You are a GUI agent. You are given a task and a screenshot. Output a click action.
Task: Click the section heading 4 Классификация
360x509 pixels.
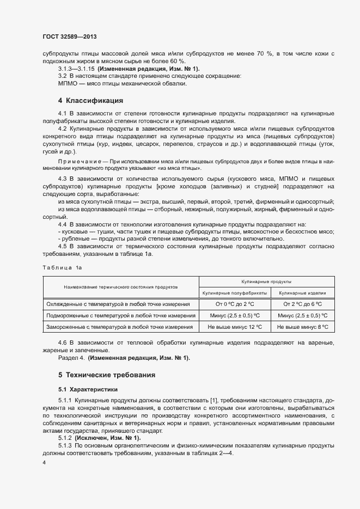tap(90, 100)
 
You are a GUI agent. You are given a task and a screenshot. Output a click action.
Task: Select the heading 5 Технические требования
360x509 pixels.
tap(107, 375)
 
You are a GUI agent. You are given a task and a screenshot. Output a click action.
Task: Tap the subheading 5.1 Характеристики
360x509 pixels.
tap(88, 389)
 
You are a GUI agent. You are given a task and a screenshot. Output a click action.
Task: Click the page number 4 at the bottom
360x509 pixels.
tap(44, 462)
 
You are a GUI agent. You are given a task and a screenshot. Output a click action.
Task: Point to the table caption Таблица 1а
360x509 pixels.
tap(61, 267)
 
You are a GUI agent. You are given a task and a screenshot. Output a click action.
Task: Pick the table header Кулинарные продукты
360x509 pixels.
tap(266, 281)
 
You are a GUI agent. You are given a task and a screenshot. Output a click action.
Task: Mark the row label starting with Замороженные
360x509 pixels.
tap(119, 327)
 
